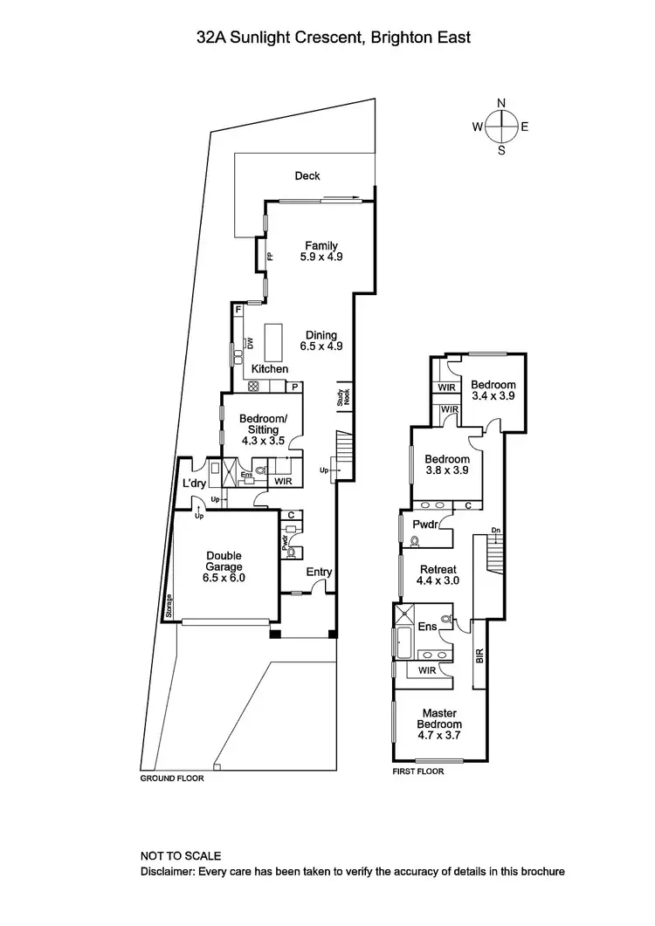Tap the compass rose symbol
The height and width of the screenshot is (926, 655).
[501, 127]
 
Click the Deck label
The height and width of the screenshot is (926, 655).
[307, 176]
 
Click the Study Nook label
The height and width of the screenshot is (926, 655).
[341, 397]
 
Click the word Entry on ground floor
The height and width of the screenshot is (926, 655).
[319, 573]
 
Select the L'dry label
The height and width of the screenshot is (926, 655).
[193, 483]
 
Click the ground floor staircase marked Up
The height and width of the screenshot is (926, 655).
[342, 456]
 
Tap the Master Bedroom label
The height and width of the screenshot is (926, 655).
[438, 718]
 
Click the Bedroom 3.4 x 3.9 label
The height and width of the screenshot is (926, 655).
[493, 390]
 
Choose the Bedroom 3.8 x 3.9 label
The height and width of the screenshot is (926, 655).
[447, 465]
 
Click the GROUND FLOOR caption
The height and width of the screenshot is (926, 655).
[172, 778]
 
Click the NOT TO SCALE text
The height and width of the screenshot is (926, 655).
[181, 856]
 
